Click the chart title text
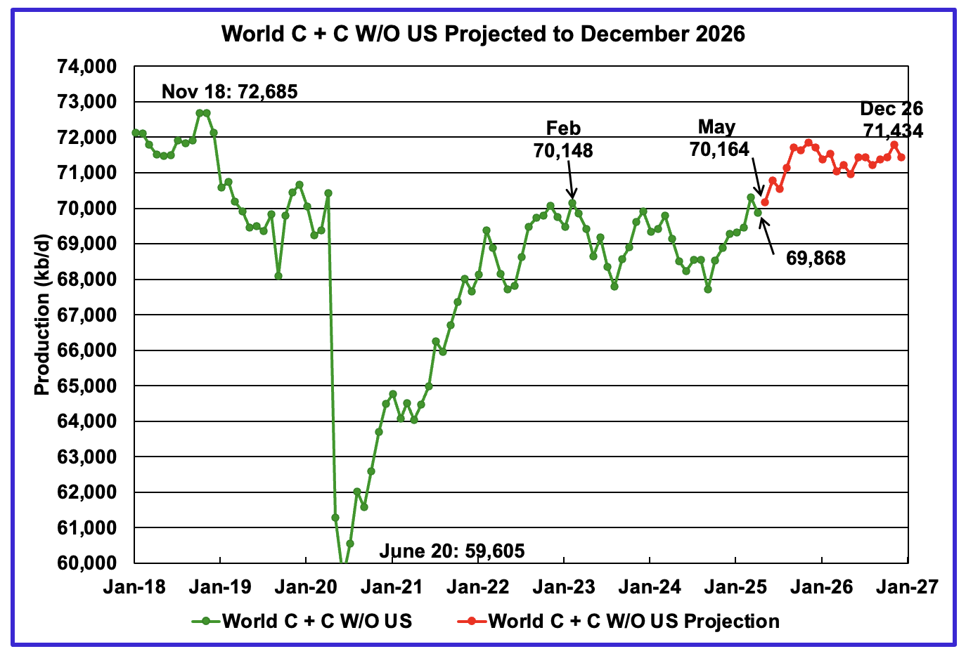[x=483, y=34]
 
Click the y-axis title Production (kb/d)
[x=42, y=314]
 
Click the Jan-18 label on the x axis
[x=134, y=587]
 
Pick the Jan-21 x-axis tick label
[x=392, y=587]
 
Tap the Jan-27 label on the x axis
[x=907, y=587]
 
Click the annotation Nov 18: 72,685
[x=229, y=92]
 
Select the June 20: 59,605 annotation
[x=451, y=551]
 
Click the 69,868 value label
[x=816, y=258]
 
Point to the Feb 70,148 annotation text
[x=563, y=139]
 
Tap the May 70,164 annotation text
[x=719, y=138]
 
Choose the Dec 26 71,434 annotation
[x=891, y=120]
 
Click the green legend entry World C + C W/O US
[x=302, y=621]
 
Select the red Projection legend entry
[x=619, y=621]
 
